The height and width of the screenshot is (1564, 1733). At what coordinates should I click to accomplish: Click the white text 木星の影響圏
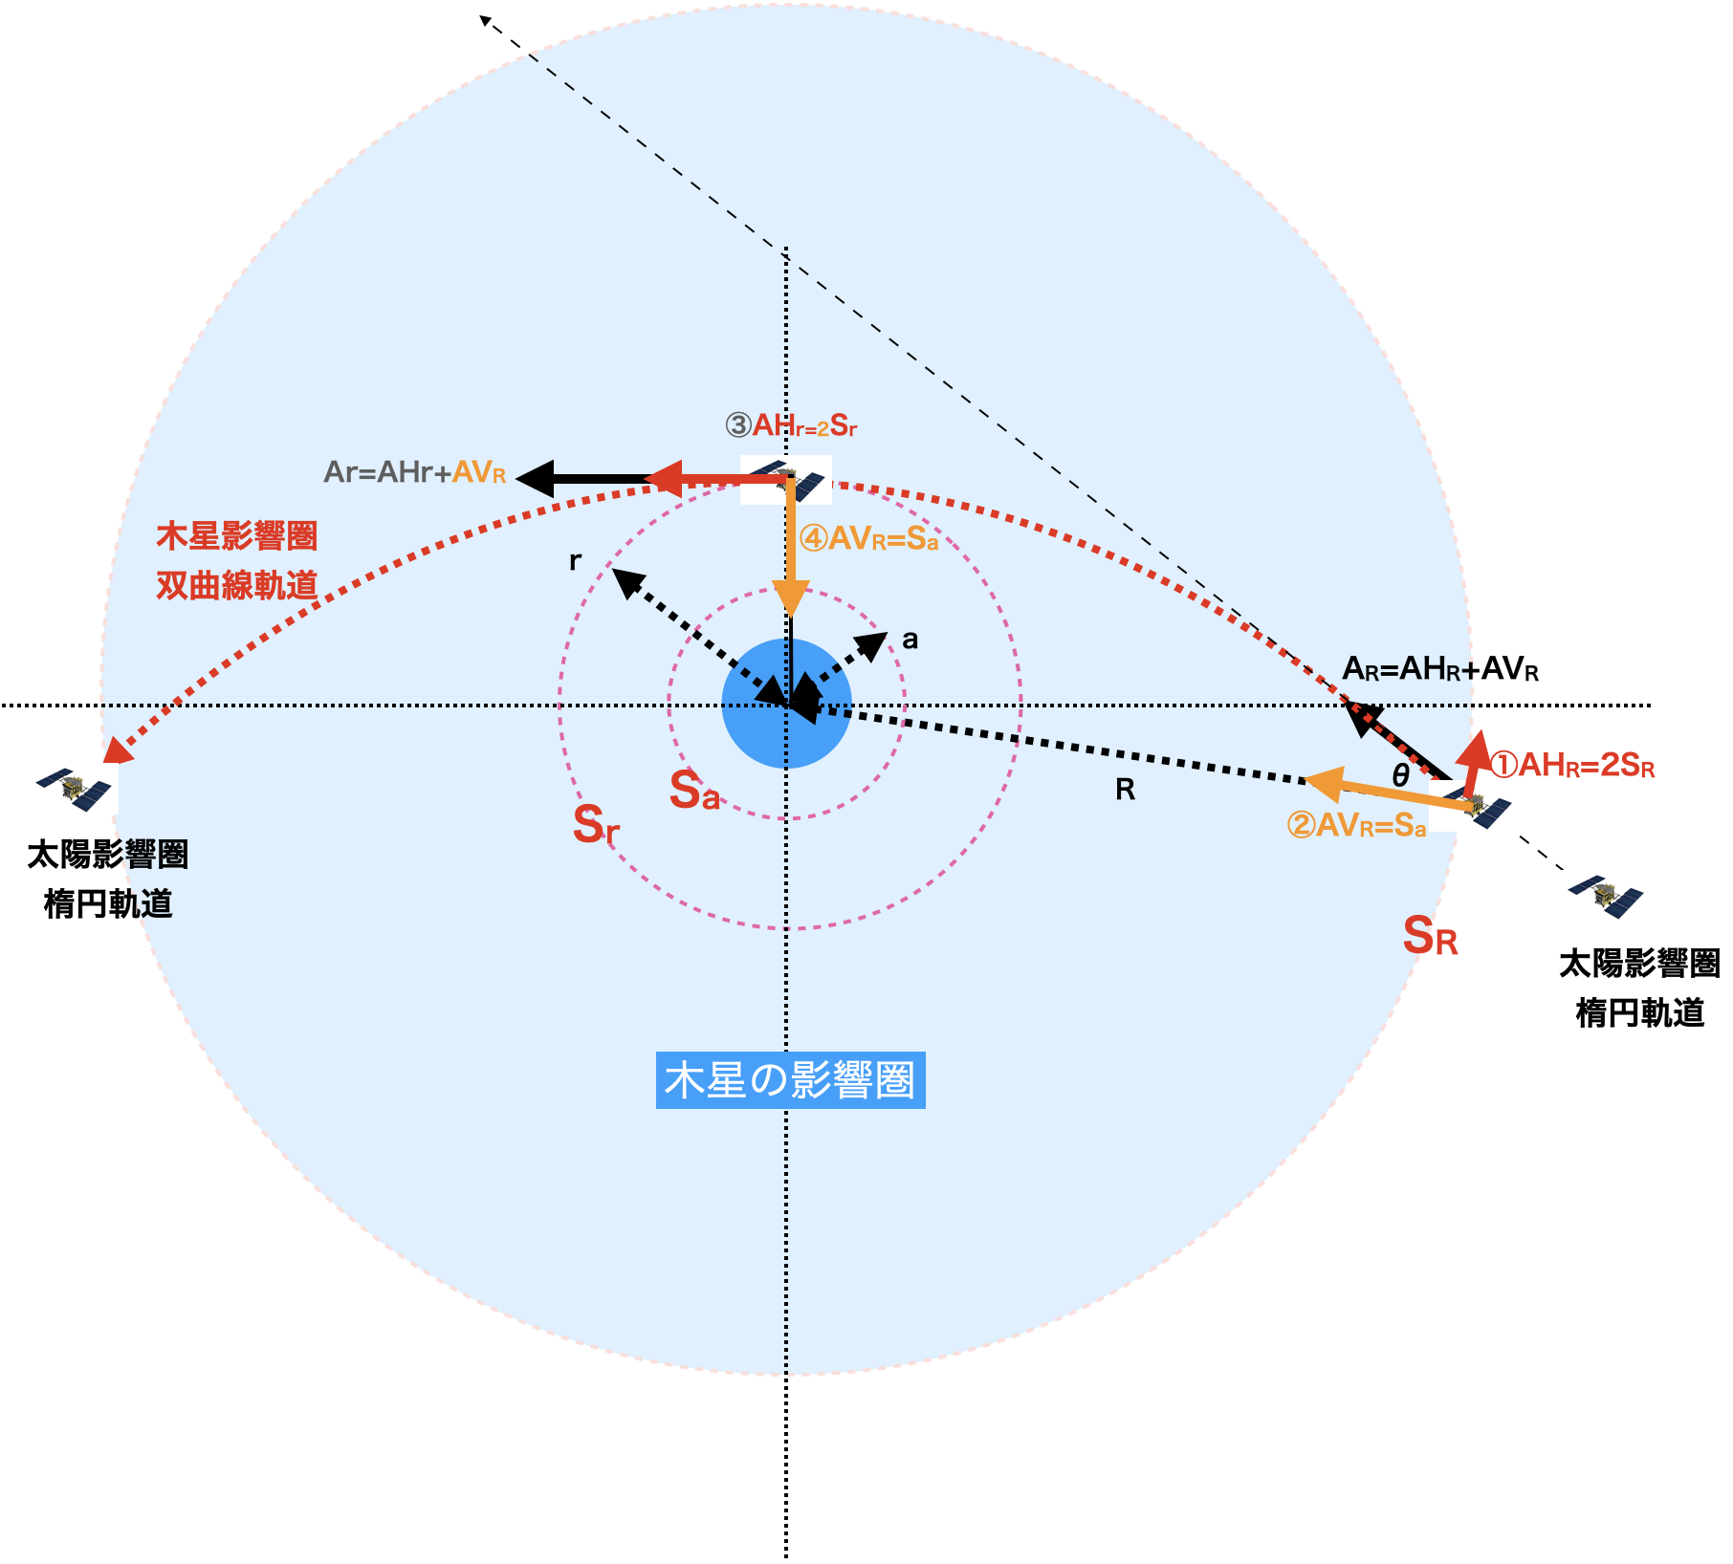789,1080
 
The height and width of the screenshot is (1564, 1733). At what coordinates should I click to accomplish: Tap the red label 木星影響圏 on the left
236,536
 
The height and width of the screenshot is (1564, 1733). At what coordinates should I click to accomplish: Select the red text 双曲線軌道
236,585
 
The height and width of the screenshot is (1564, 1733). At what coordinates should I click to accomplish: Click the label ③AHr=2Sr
791,425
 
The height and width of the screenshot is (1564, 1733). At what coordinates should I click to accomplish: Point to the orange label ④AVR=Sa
868,539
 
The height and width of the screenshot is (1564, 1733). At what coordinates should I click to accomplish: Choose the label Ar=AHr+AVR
415,472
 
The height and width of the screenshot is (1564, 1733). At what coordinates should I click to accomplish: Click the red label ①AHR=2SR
1572,765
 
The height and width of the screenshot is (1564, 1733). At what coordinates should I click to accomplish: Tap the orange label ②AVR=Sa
1356,825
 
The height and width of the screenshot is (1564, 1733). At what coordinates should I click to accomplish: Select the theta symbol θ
1401,775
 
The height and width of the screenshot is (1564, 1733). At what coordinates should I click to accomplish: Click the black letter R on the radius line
1126,790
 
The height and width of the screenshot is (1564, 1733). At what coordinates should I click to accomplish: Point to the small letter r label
575,560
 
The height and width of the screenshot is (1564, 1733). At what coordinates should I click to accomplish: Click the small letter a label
910,640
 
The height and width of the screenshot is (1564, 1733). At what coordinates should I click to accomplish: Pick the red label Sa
694,792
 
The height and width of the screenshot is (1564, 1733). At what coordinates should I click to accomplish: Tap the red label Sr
596,824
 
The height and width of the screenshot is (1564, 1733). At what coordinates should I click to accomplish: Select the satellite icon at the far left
73,789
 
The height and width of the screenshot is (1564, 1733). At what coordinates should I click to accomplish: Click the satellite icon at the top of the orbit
786,480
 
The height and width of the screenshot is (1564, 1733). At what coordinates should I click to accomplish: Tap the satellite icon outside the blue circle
1605,896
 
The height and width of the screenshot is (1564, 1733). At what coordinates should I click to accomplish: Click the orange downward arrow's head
791,600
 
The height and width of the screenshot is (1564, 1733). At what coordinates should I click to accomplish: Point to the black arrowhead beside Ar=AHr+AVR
536,478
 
